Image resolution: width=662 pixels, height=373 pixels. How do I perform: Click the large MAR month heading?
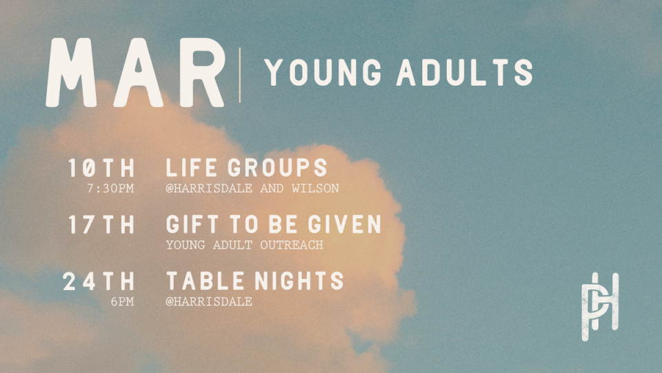(x=136, y=73)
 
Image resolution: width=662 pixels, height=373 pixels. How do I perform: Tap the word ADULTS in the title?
(x=464, y=73)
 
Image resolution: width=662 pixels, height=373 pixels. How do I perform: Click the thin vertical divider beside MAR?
(x=240, y=75)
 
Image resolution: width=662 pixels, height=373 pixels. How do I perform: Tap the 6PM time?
(x=122, y=302)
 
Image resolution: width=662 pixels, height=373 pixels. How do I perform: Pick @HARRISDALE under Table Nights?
(x=209, y=302)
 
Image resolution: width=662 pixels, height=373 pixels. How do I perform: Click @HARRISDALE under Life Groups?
(x=209, y=189)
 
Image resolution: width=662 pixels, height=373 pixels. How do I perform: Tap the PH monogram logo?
(x=600, y=307)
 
